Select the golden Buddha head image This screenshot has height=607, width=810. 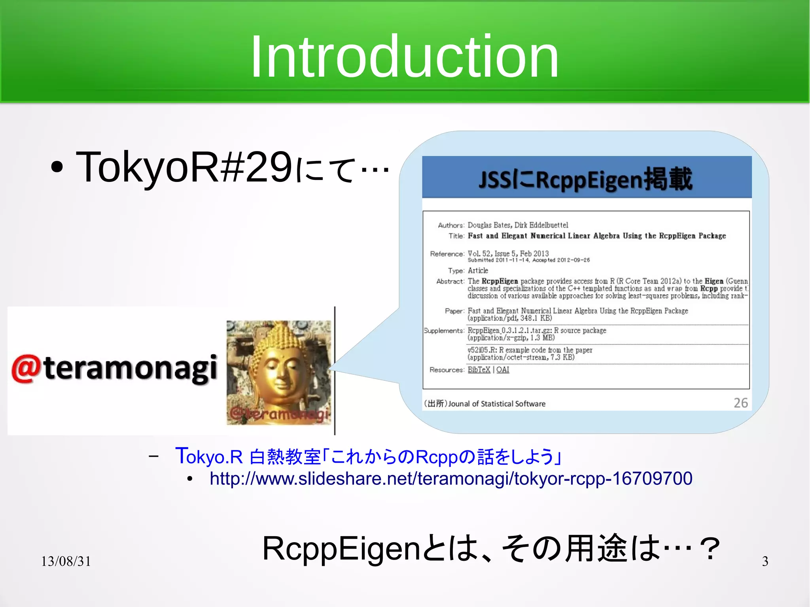[x=279, y=372]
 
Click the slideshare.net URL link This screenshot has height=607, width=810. [x=451, y=478]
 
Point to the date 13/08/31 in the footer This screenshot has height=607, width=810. [x=66, y=561]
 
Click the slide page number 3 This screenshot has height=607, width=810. [x=765, y=561]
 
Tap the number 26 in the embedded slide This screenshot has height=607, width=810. [x=740, y=403]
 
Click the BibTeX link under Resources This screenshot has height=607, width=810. [x=479, y=369]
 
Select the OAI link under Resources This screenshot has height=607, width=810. [x=503, y=369]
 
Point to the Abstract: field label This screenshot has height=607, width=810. [x=450, y=281]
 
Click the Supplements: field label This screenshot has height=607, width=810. [x=443, y=330]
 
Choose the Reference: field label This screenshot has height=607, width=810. [x=447, y=253]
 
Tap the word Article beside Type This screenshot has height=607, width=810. [x=478, y=270]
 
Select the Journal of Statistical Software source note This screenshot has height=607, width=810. [x=485, y=403]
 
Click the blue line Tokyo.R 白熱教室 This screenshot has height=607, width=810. [x=368, y=456]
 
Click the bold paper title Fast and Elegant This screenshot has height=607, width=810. [x=596, y=236]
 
